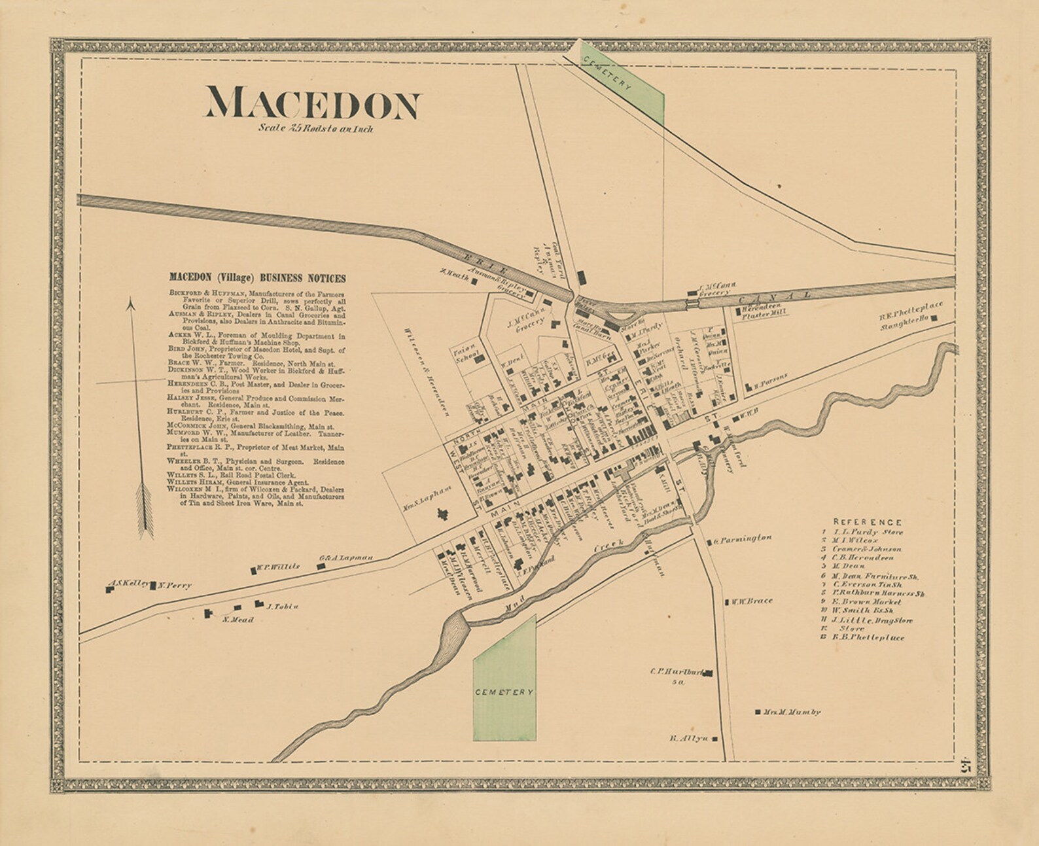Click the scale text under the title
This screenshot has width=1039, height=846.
click(315, 129)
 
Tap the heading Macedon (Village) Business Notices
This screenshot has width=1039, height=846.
click(257, 278)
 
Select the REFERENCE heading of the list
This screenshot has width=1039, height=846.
click(867, 522)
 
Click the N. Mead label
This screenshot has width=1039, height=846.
click(237, 620)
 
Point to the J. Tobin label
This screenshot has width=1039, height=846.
click(282, 607)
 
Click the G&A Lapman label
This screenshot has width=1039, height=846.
click(345, 557)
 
